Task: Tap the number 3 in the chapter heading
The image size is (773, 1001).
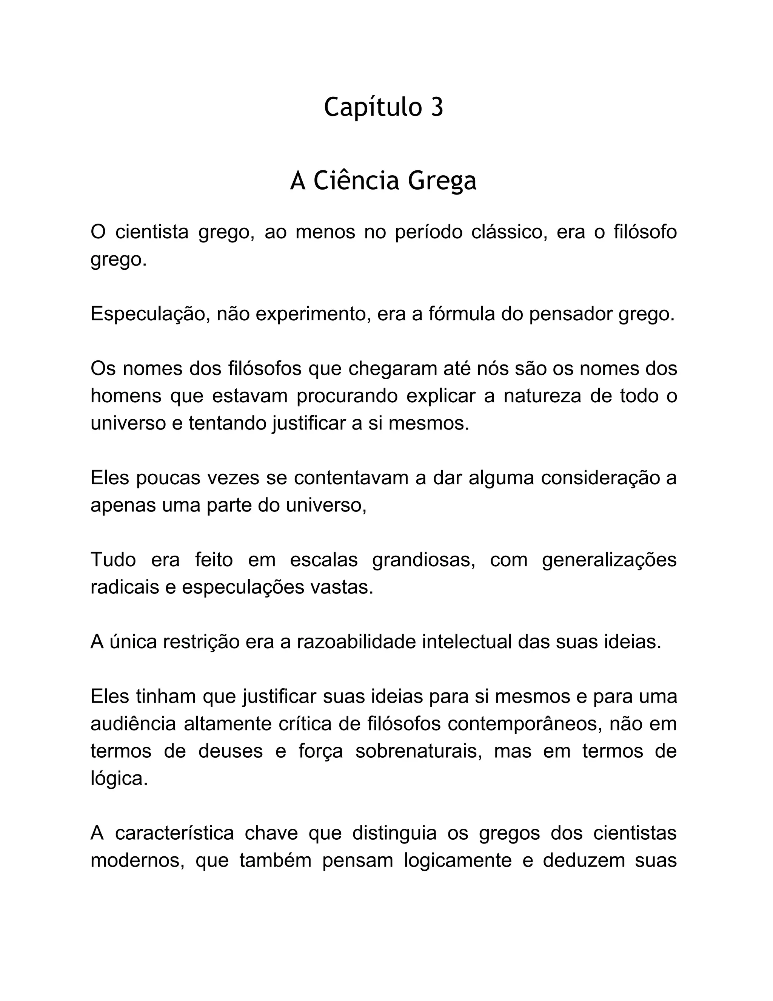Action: coord(437,108)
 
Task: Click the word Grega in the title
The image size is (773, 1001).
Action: coord(442,181)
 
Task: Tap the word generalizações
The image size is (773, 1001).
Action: coord(609,560)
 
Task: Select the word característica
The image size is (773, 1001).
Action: coord(174,833)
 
